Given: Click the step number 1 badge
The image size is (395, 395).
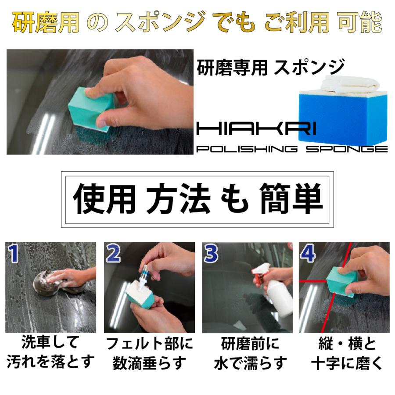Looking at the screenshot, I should pos(14,254).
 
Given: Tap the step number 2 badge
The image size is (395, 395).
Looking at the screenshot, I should pos(114,254).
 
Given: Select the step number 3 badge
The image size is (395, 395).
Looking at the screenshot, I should pos(212,254).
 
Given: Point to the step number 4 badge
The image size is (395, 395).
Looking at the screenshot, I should pos(309,254).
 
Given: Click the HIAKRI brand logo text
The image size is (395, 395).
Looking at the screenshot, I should pos(257,129).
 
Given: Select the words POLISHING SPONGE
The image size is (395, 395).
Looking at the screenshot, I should pos(292,149).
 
